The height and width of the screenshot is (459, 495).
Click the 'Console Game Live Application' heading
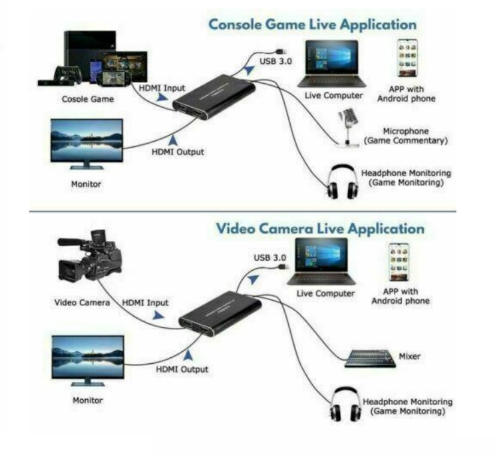tap(313, 25)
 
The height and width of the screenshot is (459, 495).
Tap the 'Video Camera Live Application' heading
tap(320, 229)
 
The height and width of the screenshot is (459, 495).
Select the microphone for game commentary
tap(348, 127)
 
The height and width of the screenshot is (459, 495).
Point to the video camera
tap(89, 256)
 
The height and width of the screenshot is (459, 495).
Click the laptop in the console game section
tap(332, 64)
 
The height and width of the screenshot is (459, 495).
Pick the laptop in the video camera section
tap(321, 261)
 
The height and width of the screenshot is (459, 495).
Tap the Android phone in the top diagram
tap(407, 58)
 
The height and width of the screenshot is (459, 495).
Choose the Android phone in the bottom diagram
tap(399, 262)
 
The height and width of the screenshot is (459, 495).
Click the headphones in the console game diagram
tap(343, 182)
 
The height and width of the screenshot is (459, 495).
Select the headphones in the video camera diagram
tap(345, 404)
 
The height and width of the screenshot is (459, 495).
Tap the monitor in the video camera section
tap(88, 361)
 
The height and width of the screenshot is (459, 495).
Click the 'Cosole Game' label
tap(88, 99)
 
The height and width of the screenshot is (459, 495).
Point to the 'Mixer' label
tap(409, 357)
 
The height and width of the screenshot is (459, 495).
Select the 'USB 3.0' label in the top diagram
tap(275, 61)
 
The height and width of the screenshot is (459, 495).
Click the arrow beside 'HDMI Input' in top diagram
tap(162, 97)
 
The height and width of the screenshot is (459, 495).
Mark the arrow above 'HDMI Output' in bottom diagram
tap(188, 355)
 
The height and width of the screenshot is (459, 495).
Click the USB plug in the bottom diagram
tap(282, 267)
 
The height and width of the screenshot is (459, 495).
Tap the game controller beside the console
tap(68, 75)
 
